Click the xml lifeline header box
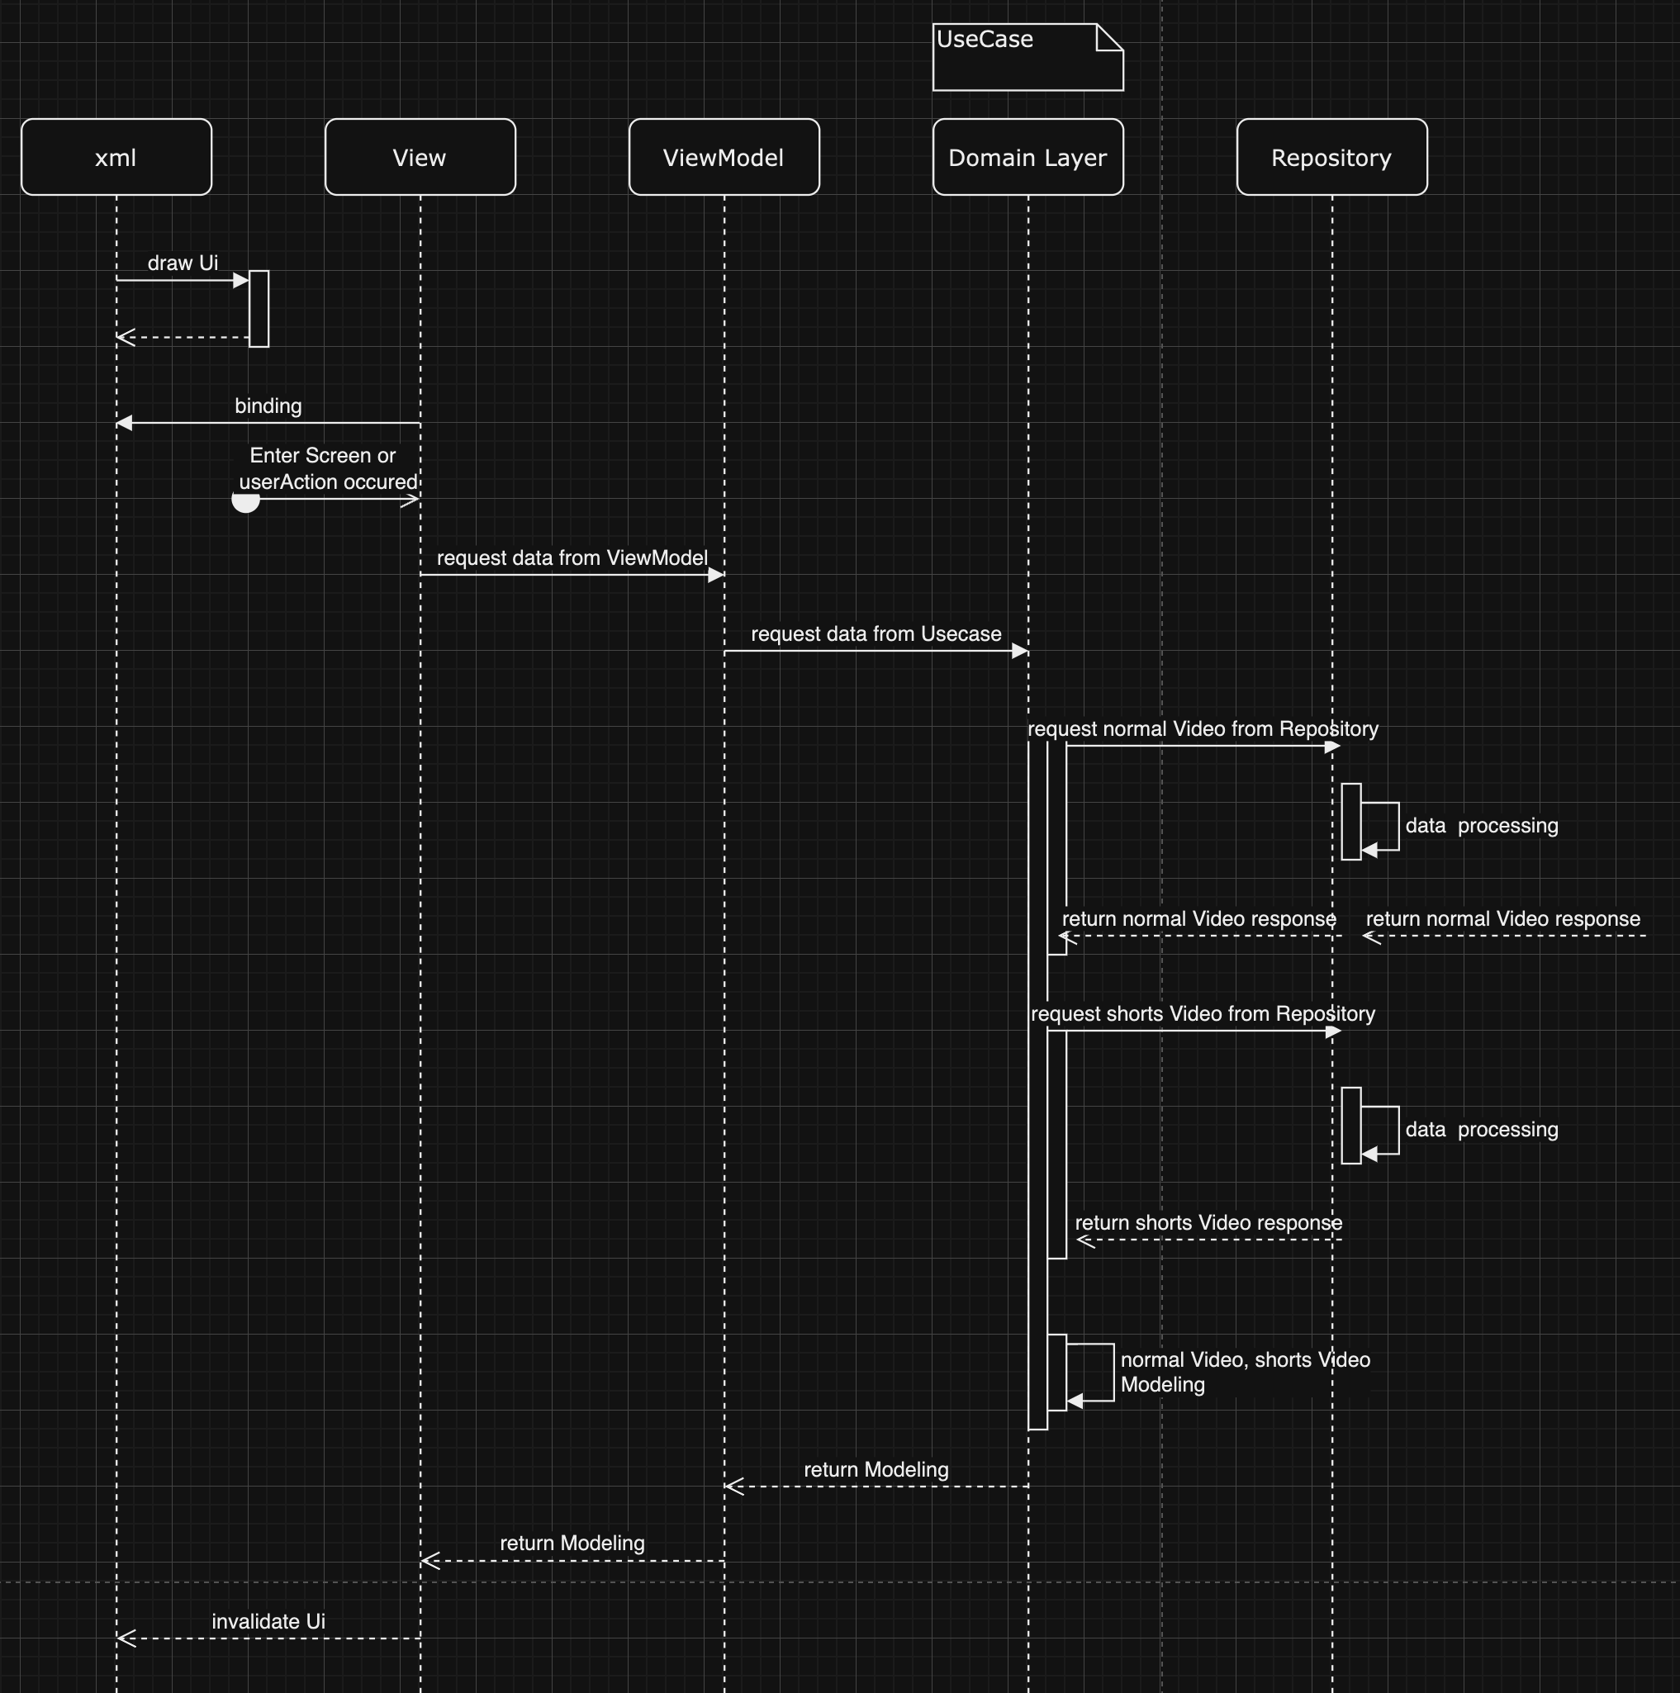[116, 157]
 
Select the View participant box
[420, 157]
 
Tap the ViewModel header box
[724, 157]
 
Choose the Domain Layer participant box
[1027, 157]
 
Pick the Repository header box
[1331, 157]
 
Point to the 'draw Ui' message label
[183, 263]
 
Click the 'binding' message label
[268, 405]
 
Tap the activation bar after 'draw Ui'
[259, 308]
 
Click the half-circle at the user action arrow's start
[245, 502]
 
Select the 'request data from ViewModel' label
[572, 558]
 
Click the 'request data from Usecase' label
[876, 633]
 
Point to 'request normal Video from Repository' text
[1203, 729]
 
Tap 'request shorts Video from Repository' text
[1203, 1014]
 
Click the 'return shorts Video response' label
[1208, 1222]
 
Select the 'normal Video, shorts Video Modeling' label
[1245, 1373]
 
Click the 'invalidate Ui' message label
[268, 1622]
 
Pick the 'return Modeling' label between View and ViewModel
[572, 1544]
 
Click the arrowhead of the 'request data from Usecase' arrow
[1019, 651]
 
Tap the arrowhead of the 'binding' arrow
[125, 423]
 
